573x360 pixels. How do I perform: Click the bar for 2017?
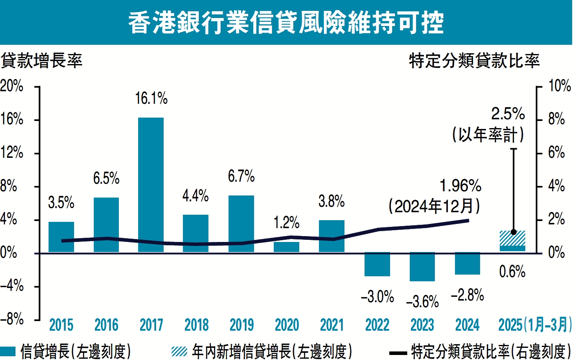[x=151, y=184]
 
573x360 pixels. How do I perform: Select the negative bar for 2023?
[x=422, y=267]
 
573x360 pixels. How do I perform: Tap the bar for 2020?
[x=287, y=247]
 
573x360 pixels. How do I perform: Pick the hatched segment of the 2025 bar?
[x=512, y=238]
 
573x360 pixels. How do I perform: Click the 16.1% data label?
[x=151, y=99]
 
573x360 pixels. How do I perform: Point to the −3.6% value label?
[x=422, y=301]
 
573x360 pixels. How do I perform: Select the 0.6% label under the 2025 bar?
[x=512, y=272]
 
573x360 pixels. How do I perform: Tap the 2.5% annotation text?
[x=508, y=114]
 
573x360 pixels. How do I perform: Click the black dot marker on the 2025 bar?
[x=514, y=232]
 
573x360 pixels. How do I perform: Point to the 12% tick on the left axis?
[x=11, y=153]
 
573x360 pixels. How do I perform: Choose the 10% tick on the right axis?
[x=559, y=87]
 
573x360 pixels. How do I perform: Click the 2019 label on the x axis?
[x=242, y=325]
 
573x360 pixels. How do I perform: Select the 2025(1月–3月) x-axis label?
[x=534, y=325]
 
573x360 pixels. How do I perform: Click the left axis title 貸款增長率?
[x=42, y=61]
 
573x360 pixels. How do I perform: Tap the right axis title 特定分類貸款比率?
[x=474, y=61]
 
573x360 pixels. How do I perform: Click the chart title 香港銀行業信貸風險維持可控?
[x=286, y=23]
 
